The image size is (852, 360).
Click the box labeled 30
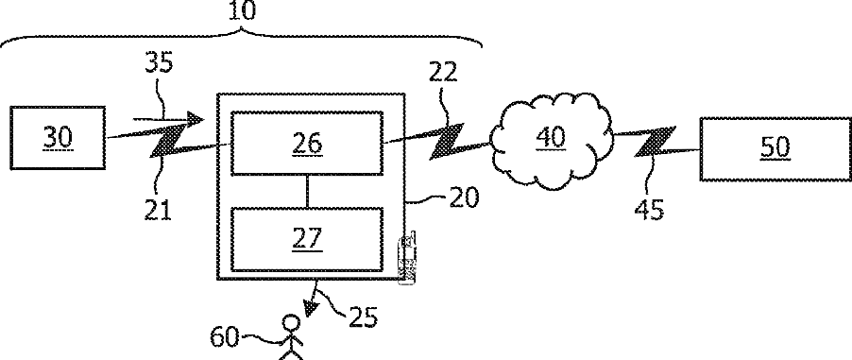pos(58,138)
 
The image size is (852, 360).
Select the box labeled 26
pos(307,143)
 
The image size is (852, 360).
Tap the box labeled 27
pos(307,239)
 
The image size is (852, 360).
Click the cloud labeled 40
pos(552,139)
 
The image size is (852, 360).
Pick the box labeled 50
pos(775,148)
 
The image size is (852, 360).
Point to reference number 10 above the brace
pos(242,10)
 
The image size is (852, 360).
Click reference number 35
pos(159,62)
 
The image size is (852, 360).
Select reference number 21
pos(158,210)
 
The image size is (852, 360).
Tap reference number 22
pos(443,72)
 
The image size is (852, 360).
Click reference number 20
pos(464,197)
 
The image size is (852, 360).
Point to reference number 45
pos(649,210)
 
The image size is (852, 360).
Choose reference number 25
pos(363,317)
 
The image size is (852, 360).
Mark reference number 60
pos(225,337)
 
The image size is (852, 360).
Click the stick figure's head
pos(291,324)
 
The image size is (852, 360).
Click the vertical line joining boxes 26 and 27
pos(308,192)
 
